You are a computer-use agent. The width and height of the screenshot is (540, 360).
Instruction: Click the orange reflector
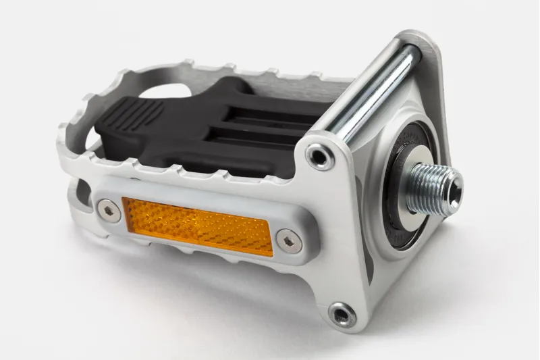(197, 226)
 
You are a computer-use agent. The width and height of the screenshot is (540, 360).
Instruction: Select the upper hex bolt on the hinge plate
(319, 157)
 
